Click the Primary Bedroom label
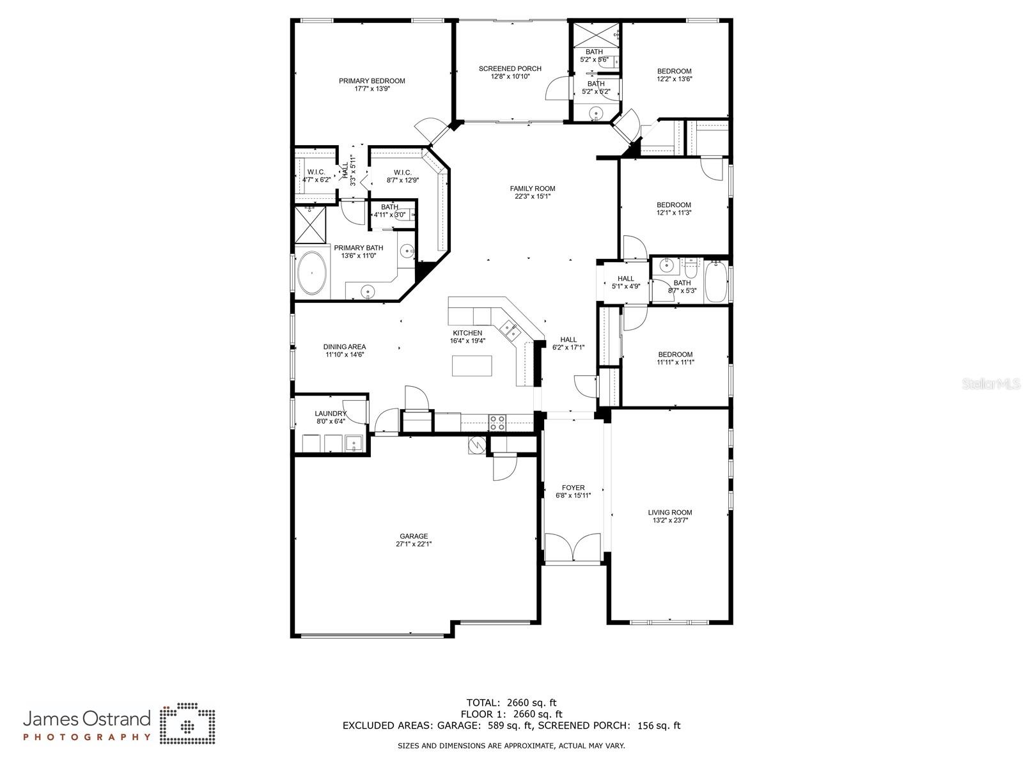point(371,81)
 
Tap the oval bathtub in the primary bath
point(312,273)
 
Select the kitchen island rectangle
point(472,366)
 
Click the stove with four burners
point(497,422)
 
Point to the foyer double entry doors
point(573,548)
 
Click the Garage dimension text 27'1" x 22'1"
point(414,545)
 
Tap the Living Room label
point(669,512)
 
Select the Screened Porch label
point(510,68)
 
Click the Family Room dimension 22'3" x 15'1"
point(532,197)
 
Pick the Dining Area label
point(344,346)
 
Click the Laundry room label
point(331,414)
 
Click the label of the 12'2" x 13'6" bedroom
point(674,71)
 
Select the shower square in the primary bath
point(309,224)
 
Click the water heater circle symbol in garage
point(477,445)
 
